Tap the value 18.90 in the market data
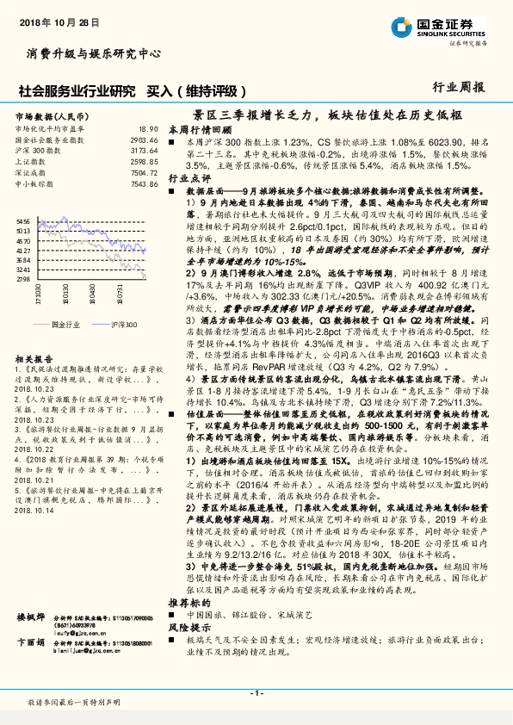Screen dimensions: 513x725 148,128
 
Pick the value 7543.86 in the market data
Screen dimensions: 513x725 144,183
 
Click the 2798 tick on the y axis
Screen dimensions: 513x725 23,303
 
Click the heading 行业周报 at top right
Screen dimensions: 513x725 458,87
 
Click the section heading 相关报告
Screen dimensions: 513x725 36,382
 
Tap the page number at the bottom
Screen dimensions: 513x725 256,693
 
